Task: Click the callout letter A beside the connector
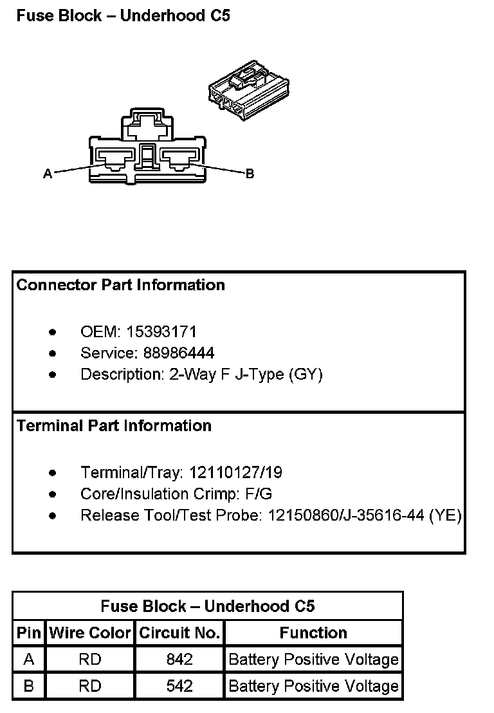[47, 174]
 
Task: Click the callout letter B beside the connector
[250, 174]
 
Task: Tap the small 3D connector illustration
[248, 93]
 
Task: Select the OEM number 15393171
[161, 332]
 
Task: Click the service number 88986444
[170, 353]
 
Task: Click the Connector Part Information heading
[121, 285]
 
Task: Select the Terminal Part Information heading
[114, 426]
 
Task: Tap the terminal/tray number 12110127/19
[235, 473]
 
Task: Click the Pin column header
[28, 633]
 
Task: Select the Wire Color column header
[90, 633]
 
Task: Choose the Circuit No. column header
[179, 633]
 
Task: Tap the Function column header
[313, 633]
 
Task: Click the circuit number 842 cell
[179, 660]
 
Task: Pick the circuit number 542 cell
[179, 686]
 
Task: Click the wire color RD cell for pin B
[90, 686]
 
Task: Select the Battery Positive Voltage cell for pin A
[313, 660]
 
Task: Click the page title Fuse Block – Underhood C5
[123, 16]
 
